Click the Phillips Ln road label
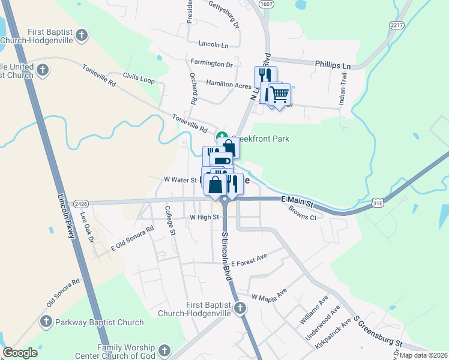coord(333,65)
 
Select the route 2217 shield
coord(396,25)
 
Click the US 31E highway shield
coord(378,203)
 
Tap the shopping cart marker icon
coord(279,94)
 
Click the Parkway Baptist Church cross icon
coord(46,322)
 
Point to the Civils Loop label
coord(139,78)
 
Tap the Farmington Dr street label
coord(212,63)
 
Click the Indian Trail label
coord(342,94)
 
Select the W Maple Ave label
coord(270,297)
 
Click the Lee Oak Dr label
coord(87,229)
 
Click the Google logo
coord(20,353)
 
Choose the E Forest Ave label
coord(249,262)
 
